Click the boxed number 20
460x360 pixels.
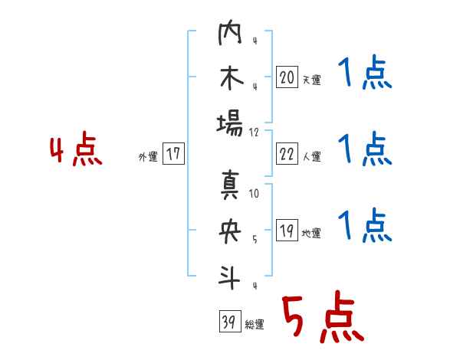click(x=287, y=77)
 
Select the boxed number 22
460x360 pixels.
click(x=287, y=155)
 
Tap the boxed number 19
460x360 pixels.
click(x=287, y=231)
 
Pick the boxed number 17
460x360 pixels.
click(x=173, y=154)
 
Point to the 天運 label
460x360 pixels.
click(x=311, y=80)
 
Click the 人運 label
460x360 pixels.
click(x=311, y=157)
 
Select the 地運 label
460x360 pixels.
click(x=311, y=233)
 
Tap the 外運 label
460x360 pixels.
click(x=148, y=156)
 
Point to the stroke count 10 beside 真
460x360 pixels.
click(x=254, y=194)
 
